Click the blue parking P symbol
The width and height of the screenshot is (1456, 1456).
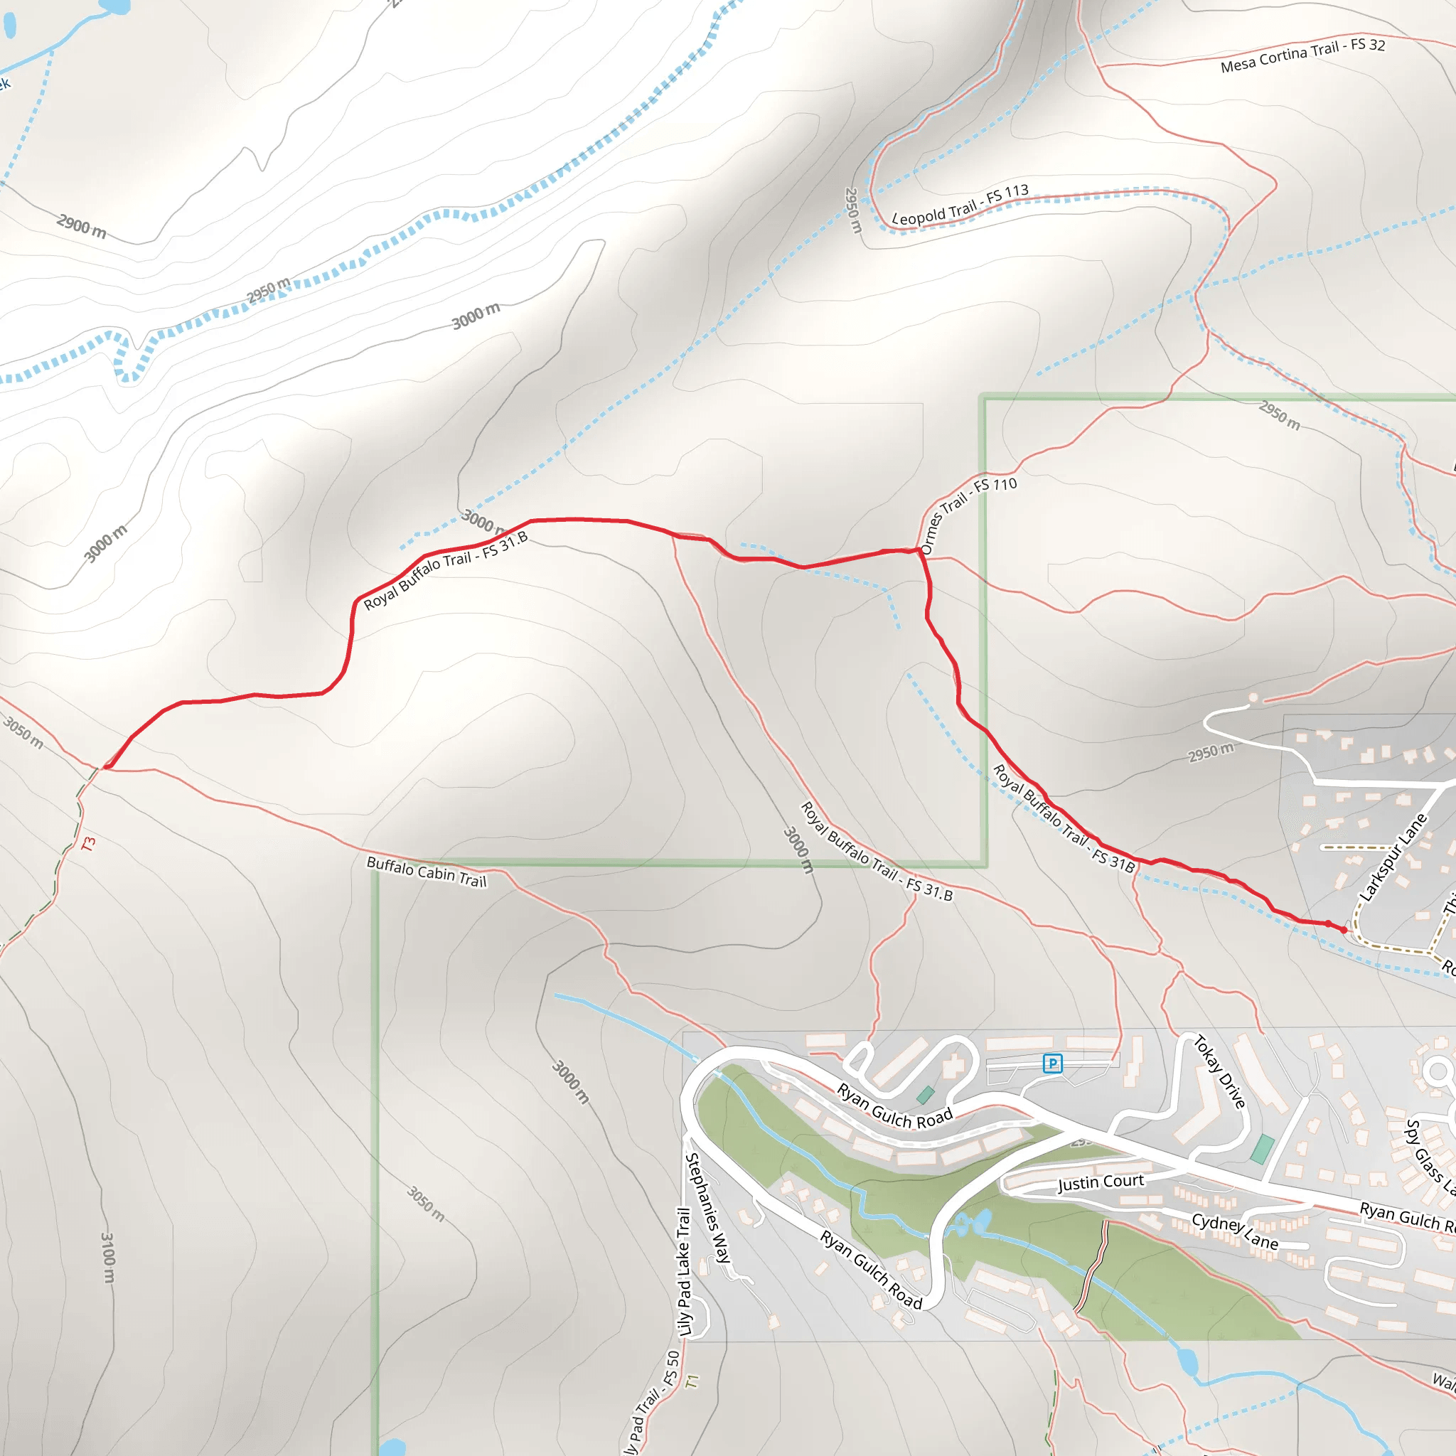click(x=1052, y=1064)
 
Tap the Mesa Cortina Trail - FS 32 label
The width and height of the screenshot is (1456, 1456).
click(x=1303, y=55)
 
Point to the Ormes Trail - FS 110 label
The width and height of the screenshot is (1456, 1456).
click(x=968, y=515)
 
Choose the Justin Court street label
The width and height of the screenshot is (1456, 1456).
click(x=1101, y=1182)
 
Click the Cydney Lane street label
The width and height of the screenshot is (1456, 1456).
click(x=1234, y=1231)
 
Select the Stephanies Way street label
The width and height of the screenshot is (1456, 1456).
click(x=707, y=1208)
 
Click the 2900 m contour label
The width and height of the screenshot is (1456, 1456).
click(x=81, y=225)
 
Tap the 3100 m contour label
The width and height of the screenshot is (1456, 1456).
click(x=108, y=1257)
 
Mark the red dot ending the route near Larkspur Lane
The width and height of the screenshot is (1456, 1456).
click(x=1343, y=930)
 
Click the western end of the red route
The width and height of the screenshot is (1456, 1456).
click(x=108, y=766)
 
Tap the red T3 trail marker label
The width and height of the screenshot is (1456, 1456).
click(x=88, y=844)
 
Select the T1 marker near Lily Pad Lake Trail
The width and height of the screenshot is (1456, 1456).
click(x=692, y=1381)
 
